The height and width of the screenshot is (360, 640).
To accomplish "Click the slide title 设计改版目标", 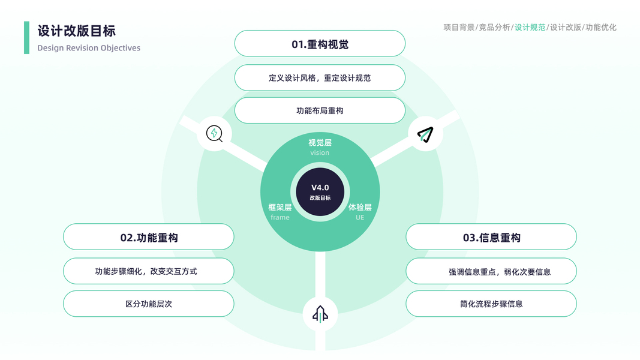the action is tap(77, 31).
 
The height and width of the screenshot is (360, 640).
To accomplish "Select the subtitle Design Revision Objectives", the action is tap(89, 48).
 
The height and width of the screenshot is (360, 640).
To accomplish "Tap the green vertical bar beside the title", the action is tap(26, 38).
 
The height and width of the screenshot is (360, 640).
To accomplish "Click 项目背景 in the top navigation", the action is tap(459, 27).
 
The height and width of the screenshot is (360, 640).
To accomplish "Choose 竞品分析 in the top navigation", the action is tap(494, 27).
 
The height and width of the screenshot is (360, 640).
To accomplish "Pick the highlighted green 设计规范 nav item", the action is tap(530, 27).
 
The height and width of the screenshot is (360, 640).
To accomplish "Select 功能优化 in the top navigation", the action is tap(601, 27).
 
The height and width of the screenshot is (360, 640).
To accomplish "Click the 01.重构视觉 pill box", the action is tap(320, 44).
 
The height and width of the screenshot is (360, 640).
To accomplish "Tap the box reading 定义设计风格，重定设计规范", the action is tap(320, 78).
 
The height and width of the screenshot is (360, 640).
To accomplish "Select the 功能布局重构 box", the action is tap(320, 110).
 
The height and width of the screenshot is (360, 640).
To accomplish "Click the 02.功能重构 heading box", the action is tap(149, 238).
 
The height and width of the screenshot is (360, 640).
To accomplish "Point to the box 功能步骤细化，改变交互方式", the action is tap(149, 271).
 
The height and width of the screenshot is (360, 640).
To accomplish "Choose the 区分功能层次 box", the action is tap(149, 304).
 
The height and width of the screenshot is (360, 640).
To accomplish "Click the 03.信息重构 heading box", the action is tap(491, 238).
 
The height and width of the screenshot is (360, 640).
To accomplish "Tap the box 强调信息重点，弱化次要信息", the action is tap(491, 271).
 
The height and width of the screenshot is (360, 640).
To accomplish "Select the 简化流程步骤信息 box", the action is tap(491, 304).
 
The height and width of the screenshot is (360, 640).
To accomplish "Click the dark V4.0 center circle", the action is tap(320, 192).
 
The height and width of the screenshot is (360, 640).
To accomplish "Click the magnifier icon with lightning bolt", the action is tap(214, 133).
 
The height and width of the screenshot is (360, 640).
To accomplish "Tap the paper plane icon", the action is tap(425, 134).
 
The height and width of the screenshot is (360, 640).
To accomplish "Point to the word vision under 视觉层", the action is tap(320, 152).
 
